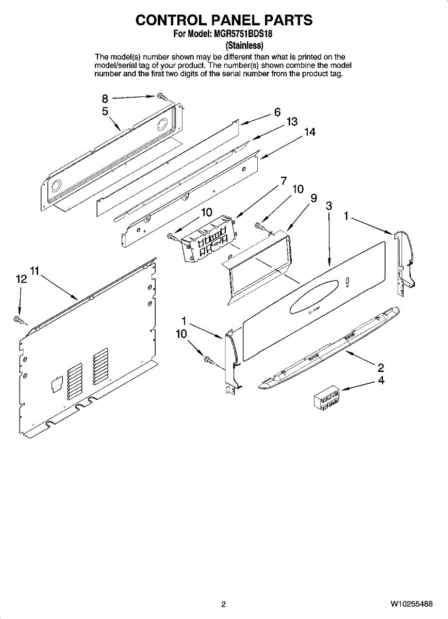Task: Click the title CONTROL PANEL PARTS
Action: pyautogui.click(x=224, y=20)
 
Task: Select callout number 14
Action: pyautogui.click(x=309, y=133)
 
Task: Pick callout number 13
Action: pyautogui.click(x=292, y=122)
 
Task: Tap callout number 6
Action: pyautogui.click(x=277, y=112)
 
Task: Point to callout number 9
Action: pyautogui.click(x=313, y=198)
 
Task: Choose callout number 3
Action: pyautogui.click(x=328, y=206)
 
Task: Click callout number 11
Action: pyautogui.click(x=35, y=271)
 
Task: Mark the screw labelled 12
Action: pyautogui.click(x=19, y=321)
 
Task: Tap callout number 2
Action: pyautogui.click(x=381, y=368)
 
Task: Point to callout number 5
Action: pyautogui.click(x=105, y=111)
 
